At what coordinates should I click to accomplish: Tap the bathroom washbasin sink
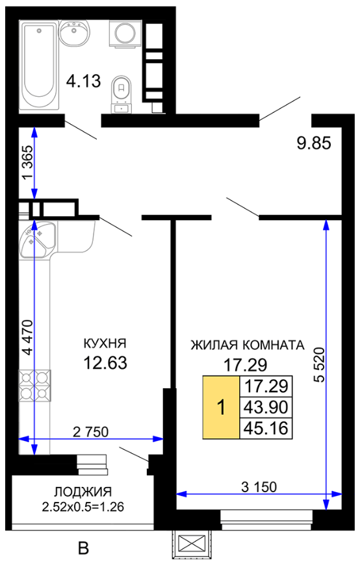tap(75, 33)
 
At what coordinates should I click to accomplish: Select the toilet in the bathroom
tap(122, 93)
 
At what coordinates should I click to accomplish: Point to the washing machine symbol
tap(125, 34)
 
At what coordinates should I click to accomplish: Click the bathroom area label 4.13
tap(83, 81)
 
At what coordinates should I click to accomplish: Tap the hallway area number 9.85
tap(314, 143)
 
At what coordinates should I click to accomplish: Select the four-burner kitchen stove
tap(34, 386)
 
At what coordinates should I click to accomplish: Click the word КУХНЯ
tap(105, 344)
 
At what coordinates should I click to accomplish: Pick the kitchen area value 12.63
tap(105, 363)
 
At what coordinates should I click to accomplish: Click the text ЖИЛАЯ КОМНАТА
tap(248, 345)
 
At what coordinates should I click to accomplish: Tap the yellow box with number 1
tap(221, 407)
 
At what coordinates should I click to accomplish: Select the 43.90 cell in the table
tap(266, 407)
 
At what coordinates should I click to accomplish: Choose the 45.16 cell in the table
tap(266, 428)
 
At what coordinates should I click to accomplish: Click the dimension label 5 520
tap(319, 364)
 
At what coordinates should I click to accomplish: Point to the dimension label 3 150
tap(259, 487)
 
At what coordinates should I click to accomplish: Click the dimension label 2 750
tap(90, 432)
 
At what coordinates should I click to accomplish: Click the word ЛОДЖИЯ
tap(83, 492)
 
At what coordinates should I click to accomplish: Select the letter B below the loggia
tap(83, 548)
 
